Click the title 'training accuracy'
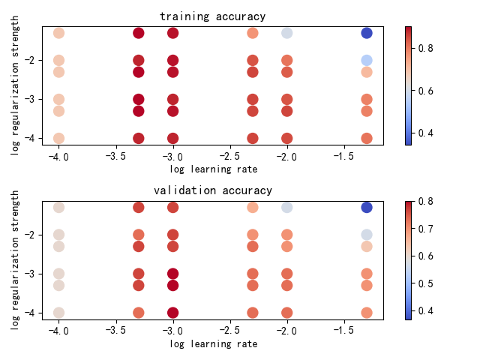click(x=212, y=16)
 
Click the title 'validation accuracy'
click(x=212, y=190)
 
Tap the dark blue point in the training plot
click(x=367, y=33)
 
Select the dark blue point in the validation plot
click(x=367, y=208)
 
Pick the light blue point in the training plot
click(x=367, y=60)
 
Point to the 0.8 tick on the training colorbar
click(x=424, y=48)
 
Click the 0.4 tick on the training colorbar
click(x=424, y=133)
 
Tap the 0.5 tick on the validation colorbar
click(x=424, y=283)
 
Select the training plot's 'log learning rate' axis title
click(x=212, y=169)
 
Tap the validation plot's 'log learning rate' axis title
click(x=212, y=343)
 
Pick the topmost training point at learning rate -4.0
click(x=58, y=33)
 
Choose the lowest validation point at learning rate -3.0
click(x=173, y=313)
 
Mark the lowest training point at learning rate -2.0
click(x=286, y=138)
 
